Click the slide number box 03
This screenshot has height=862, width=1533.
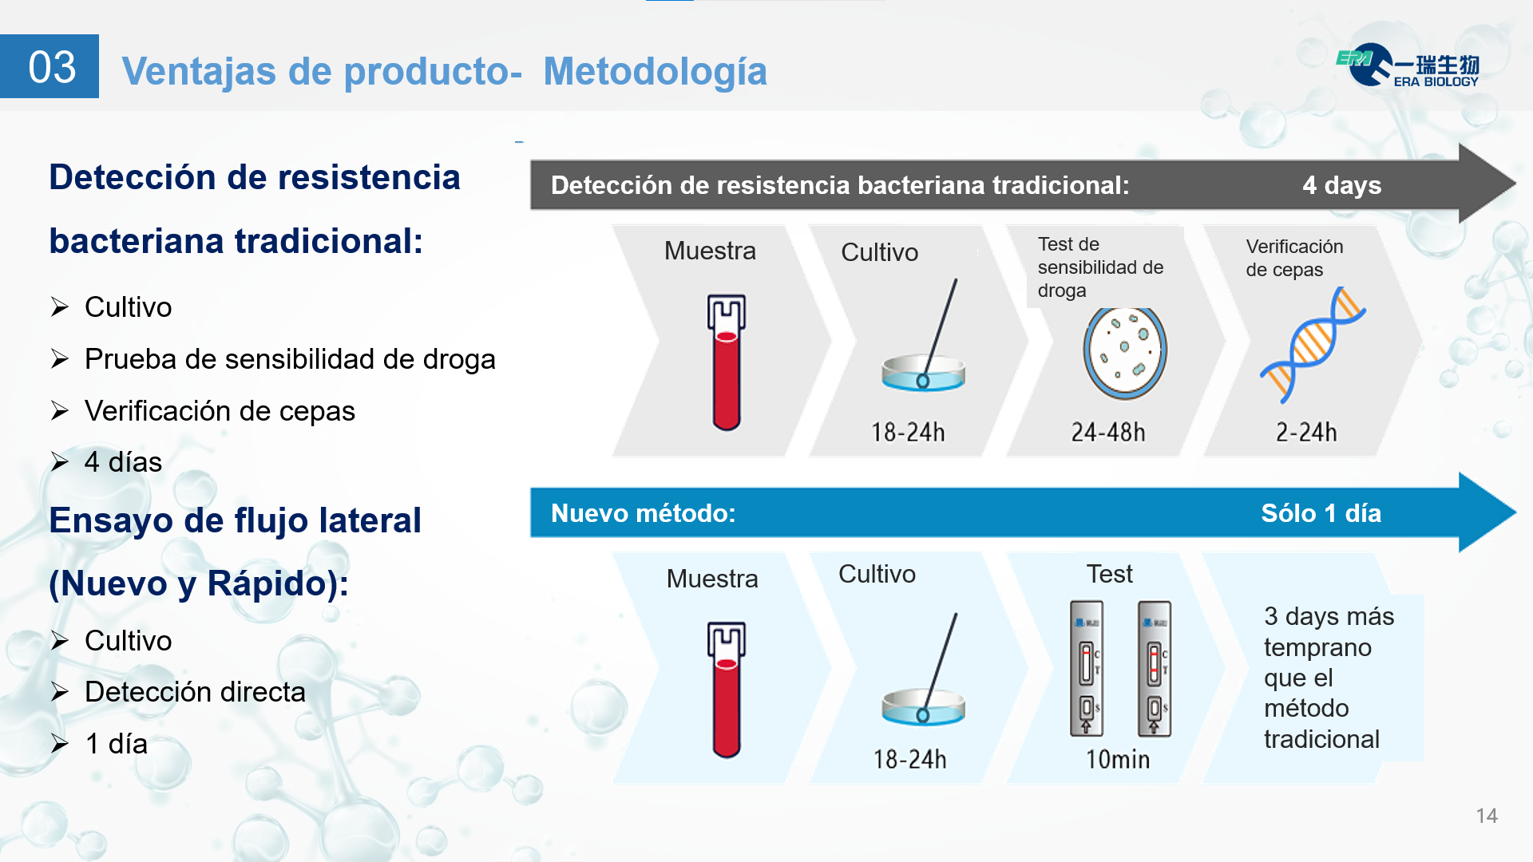tap(50, 66)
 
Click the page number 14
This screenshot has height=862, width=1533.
tap(1486, 816)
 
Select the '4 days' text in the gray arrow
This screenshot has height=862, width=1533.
tap(1341, 185)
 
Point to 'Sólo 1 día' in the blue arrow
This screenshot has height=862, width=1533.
tap(1321, 513)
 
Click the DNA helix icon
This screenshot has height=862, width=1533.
tap(1313, 345)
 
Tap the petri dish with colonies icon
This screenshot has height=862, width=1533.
tap(1125, 353)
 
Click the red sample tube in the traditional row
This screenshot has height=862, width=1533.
tap(727, 362)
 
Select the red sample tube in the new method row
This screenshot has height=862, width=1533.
tap(727, 690)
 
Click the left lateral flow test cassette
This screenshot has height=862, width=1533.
tap(1086, 668)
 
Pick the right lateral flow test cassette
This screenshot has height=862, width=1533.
tap(1154, 668)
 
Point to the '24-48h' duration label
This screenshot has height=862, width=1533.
tap(1108, 433)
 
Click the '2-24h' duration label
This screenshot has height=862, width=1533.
tap(1306, 433)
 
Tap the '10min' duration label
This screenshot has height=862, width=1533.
tap(1118, 760)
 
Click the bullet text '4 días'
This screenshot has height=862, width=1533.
tap(123, 462)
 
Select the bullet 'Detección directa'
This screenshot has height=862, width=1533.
tap(195, 692)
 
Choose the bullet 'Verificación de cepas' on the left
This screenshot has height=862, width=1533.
tap(220, 411)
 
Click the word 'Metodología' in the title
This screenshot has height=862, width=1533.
tap(655, 71)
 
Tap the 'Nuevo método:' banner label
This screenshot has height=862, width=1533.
tap(643, 513)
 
